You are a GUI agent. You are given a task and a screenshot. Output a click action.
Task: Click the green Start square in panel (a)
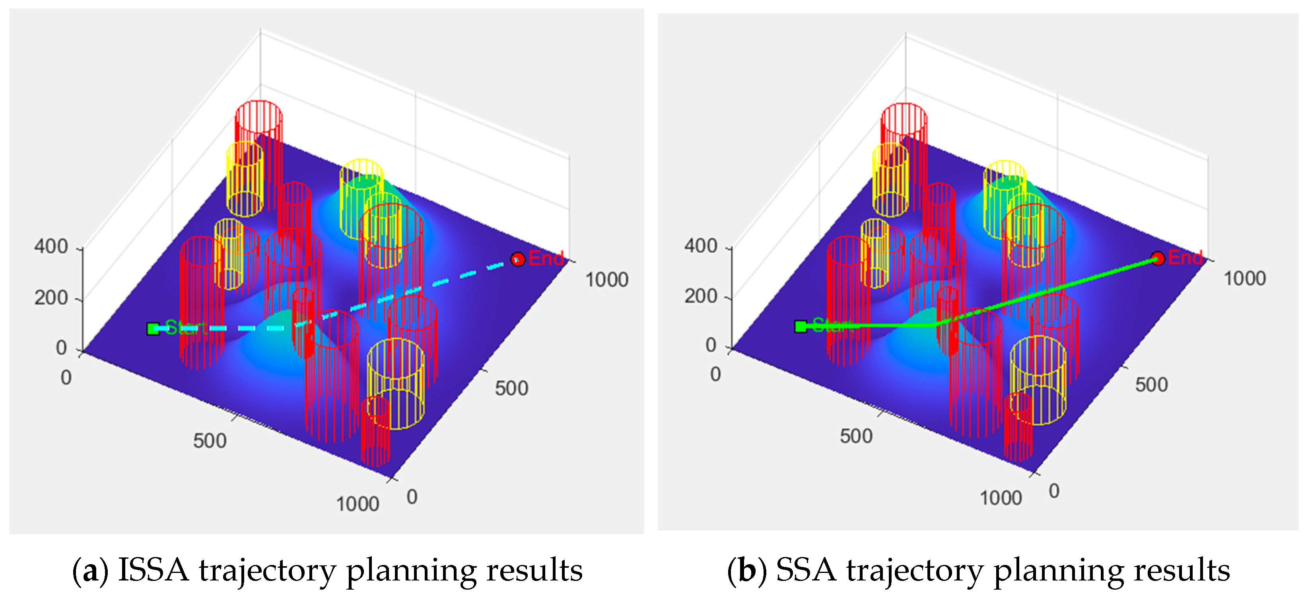[x=153, y=329]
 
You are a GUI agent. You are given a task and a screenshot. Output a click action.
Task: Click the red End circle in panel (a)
[x=517, y=259]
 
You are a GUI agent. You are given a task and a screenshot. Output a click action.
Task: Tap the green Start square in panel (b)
[x=800, y=327]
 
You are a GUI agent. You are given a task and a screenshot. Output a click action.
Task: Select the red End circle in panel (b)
[x=1157, y=259]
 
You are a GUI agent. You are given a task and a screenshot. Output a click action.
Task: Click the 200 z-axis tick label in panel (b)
[x=701, y=296]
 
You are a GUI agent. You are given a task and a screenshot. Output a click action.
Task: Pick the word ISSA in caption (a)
[x=154, y=571]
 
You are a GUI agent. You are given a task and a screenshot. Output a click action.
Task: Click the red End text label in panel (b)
[x=1185, y=258]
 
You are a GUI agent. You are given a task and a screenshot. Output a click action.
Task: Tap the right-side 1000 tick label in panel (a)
[x=606, y=280]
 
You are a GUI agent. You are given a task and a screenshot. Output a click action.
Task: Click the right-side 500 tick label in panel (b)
[x=1151, y=385]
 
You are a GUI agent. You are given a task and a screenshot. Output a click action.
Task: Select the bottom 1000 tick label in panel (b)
[x=1001, y=498]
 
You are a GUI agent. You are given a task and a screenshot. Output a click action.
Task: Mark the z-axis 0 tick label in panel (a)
[x=61, y=348]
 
